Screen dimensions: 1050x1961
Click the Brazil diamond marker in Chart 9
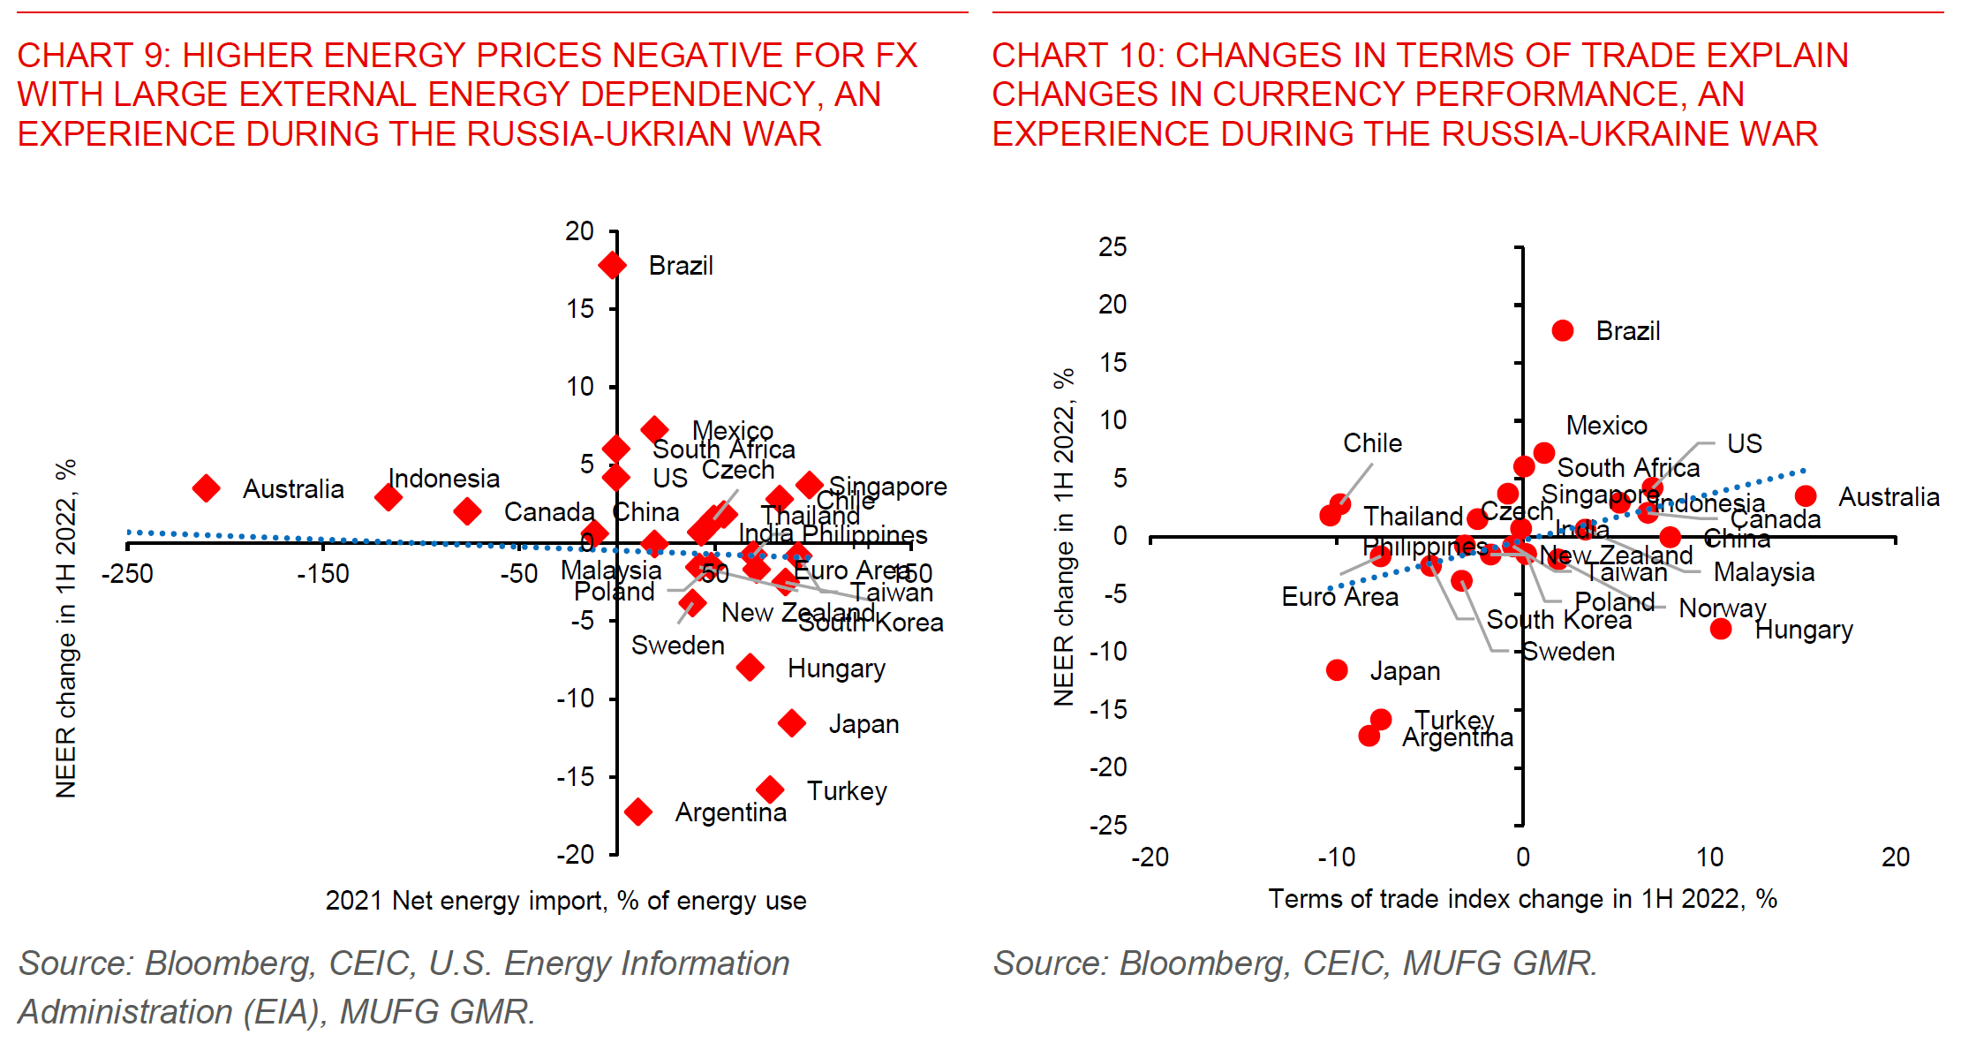click(612, 265)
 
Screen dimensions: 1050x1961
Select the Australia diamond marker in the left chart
click(206, 488)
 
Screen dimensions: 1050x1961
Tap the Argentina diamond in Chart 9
click(637, 812)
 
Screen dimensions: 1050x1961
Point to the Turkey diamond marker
click(770, 789)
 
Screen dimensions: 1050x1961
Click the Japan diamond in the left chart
click(792, 724)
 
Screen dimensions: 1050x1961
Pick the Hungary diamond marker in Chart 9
click(750, 668)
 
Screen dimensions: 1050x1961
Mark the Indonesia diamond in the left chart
click(388, 498)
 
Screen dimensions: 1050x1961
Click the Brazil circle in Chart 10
click(1562, 331)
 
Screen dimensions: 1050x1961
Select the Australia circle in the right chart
click(1806, 496)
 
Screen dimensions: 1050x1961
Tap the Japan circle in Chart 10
click(1337, 670)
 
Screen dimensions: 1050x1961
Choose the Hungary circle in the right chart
click(1720, 629)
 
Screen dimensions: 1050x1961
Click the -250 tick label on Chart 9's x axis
click(127, 574)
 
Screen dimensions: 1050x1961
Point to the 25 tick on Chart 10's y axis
click(1112, 247)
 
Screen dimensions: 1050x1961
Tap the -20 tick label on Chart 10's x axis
click(1150, 857)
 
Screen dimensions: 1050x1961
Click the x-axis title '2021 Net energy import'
click(565, 901)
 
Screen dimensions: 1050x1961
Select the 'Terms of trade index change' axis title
click(1522, 899)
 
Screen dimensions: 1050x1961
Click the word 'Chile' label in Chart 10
click(1372, 443)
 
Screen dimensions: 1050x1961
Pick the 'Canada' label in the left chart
click(549, 512)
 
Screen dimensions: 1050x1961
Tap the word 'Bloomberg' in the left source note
click(228, 963)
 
